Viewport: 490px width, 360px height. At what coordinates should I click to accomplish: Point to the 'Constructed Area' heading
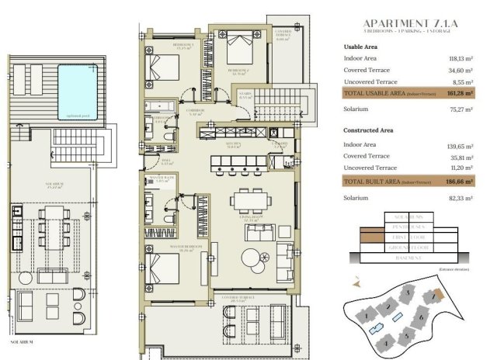(368, 130)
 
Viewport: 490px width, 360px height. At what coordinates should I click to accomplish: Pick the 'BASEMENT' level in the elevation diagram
(398, 263)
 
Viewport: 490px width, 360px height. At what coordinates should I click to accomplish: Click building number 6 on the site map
(420, 317)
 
